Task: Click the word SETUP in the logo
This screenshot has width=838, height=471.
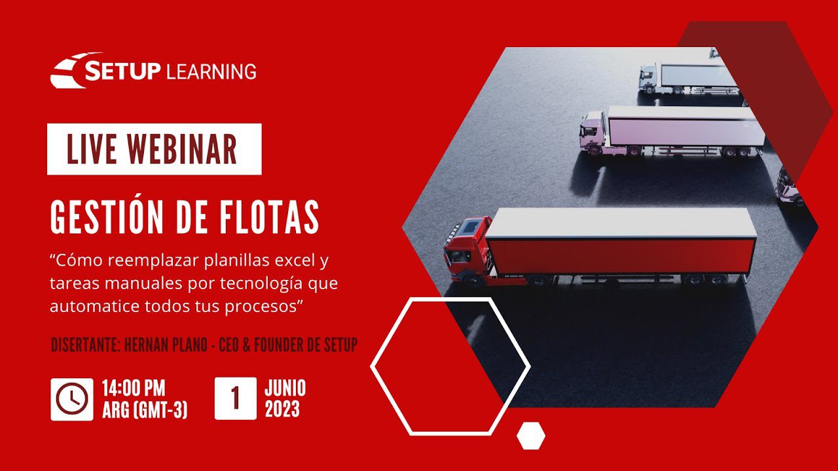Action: pyautogui.click(x=122, y=71)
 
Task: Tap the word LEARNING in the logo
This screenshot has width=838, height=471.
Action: pyautogui.click(x=211, y=71)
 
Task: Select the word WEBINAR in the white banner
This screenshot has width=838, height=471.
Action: pyautogui.click(x=182, y=149)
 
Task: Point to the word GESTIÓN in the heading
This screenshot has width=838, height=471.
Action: pyautogui.click(x=107, y=217)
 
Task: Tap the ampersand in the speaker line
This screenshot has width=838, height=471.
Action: pyautogui.click(x=246, y=344)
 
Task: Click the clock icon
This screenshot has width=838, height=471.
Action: pyautogui.click(x=72, y=399)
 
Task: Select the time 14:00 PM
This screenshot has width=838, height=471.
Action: pyautogui.click(x=134, y=388)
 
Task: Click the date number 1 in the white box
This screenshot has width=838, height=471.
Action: pyautogui.click(x=235, y=398)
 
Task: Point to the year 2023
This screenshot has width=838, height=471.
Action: pyautogui.click(x=282, y=410)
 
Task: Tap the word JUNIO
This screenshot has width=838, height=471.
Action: pyautogui.click(x=285, y=388)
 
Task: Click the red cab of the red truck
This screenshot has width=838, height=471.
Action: pyautogui.click(x=467, y=251)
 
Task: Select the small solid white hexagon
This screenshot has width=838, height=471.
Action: pyautogui.click(x=531, y=436)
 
